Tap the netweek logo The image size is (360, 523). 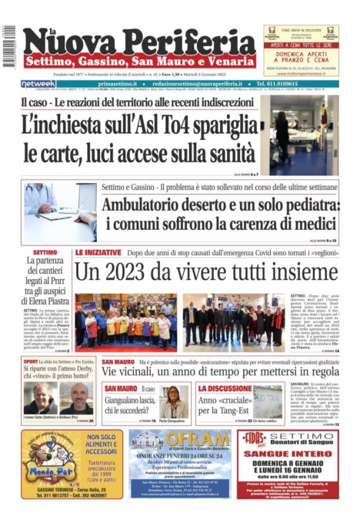(38, 83)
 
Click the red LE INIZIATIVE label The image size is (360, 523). (98, 252)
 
